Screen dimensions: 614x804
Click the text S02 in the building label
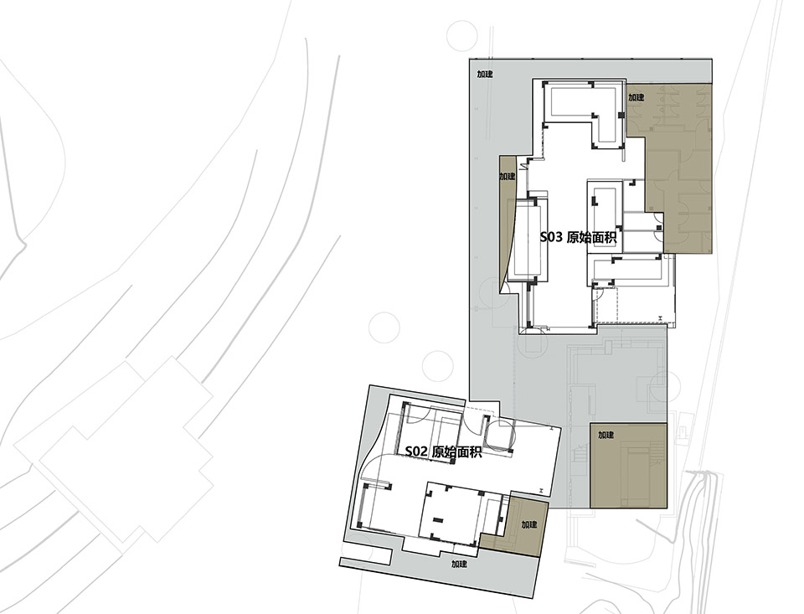pos(417,451)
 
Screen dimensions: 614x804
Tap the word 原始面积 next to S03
pos(592,238)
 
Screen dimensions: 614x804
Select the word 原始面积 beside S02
pos(457,451)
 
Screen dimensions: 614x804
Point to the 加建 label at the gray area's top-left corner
pos(485,75)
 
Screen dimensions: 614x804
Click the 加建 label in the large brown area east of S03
pos(636,97)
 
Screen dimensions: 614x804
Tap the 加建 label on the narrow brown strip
pos(508,177)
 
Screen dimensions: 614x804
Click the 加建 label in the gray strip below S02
pos(458,564)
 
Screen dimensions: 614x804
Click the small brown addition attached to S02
pos(523,529)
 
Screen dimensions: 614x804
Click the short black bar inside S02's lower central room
pos(435,518)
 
